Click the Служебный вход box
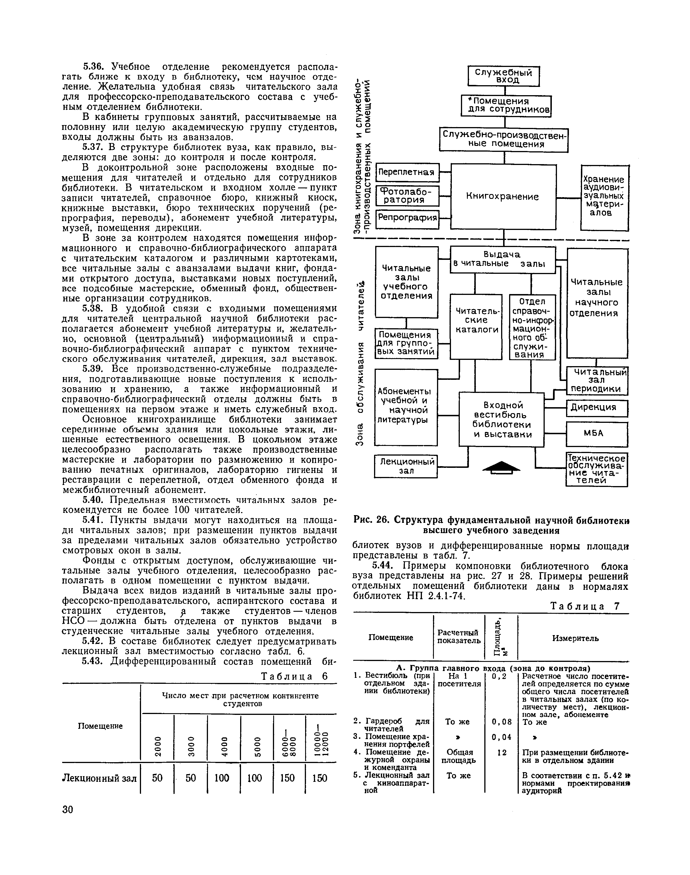click(503, 76)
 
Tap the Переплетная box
click(407, 172)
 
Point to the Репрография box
click(407, 219)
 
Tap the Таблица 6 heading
click(294, 676)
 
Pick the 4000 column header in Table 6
click(223, 742)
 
